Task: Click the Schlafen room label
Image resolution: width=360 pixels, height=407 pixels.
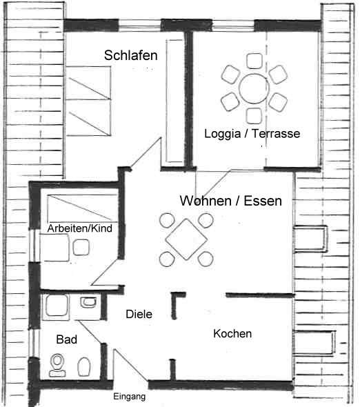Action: point(131,55)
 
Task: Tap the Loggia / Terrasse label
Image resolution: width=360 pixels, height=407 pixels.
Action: point(252,134)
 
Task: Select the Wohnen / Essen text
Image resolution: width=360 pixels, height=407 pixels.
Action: point(231,201)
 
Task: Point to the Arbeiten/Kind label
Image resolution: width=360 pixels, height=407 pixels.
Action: point(80,228)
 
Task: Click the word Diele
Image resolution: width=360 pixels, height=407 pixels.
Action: point(139,315)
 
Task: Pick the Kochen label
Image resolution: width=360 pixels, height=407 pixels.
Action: point(232,334)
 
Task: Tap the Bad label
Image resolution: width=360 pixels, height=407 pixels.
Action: point(67,339)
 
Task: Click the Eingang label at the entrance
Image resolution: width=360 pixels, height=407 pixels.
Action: point(129,397)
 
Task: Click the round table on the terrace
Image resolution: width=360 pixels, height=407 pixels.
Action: point(253,88)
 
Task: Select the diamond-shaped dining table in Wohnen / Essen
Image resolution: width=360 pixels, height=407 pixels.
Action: point(186,239)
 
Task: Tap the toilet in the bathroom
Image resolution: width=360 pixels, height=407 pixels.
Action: point(58,366)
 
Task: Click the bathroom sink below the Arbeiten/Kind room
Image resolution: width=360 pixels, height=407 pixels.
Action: point(88,302)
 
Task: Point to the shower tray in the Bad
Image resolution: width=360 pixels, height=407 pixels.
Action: point(57,306)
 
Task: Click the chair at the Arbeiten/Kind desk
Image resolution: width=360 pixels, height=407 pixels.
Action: point(81,248)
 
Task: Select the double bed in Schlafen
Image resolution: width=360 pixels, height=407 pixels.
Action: point(88,101)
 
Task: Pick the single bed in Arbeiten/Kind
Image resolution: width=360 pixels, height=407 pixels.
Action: point(83,208)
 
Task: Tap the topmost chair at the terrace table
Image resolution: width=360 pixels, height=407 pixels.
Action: point(254,61)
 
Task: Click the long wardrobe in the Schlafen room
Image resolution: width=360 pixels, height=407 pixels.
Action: point(174,101)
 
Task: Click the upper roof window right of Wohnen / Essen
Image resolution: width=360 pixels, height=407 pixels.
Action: point(310,239)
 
